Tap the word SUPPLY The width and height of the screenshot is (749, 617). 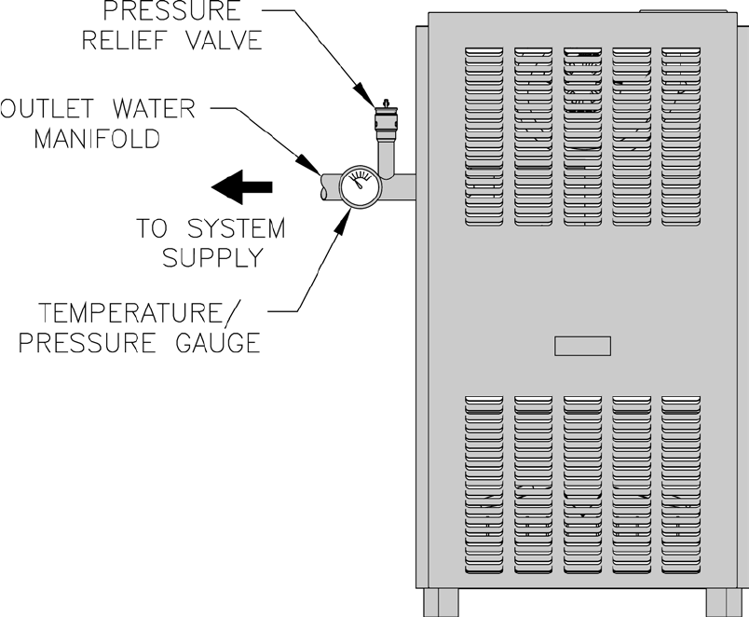pyautogui.click(x=212, y=257)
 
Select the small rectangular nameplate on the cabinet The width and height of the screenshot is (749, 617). pyautogui.click(x=582, y=346)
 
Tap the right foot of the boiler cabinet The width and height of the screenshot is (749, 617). pyautogui.click(x=727, y=603)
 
